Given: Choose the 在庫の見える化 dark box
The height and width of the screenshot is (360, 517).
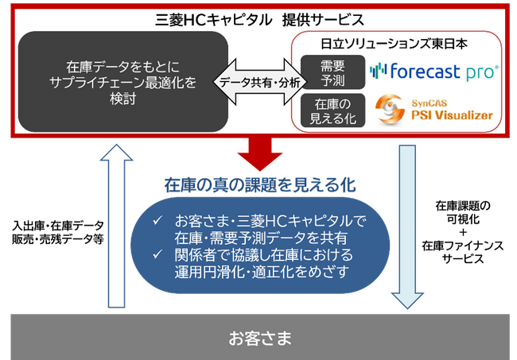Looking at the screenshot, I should coord(328,110).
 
